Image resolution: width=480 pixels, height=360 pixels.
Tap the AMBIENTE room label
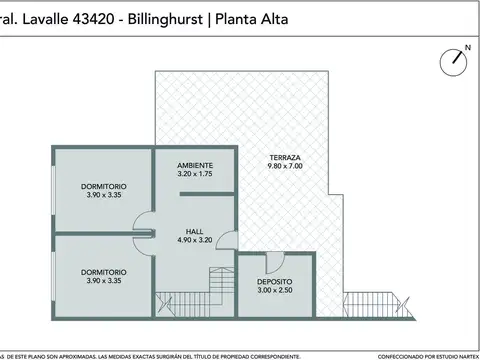tap(195, 164)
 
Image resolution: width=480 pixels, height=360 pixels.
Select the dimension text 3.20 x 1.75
tap(195, 174)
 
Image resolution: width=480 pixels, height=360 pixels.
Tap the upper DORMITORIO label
tap(103, 187)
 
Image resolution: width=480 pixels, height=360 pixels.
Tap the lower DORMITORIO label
tap(103, 271)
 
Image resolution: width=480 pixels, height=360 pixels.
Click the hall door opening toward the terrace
tap(227, 240)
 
